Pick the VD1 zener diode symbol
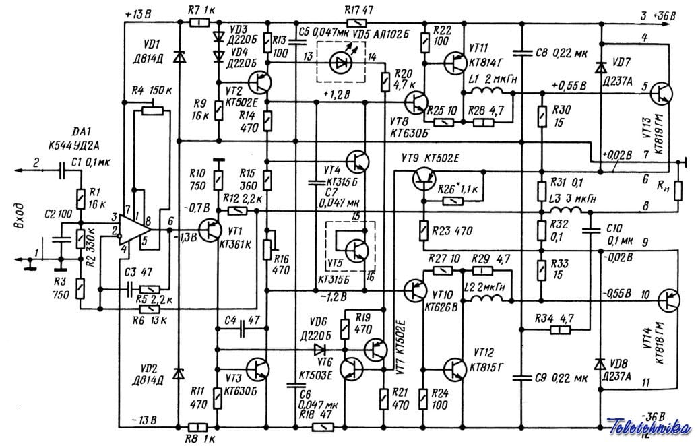179,59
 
